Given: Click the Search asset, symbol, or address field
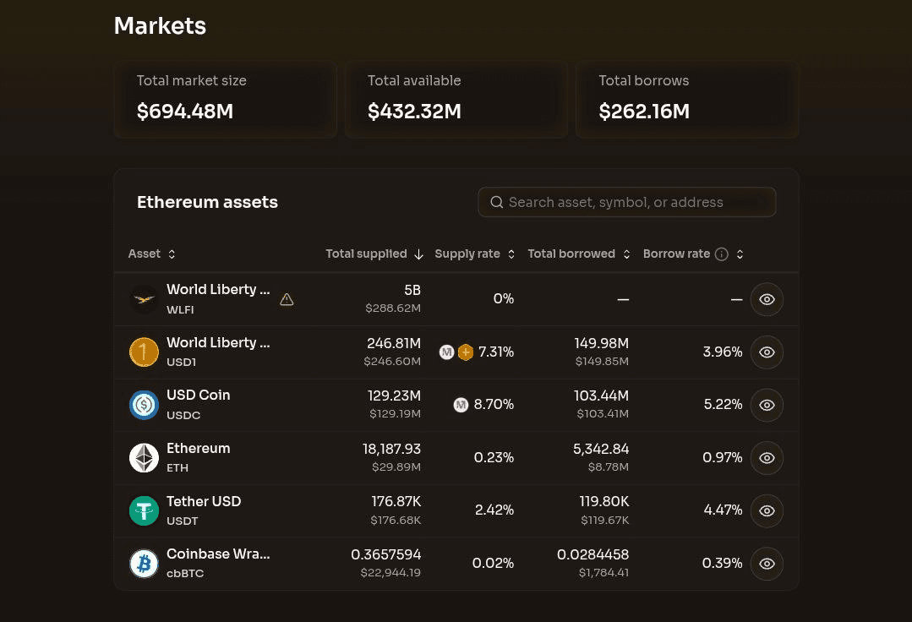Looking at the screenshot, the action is [626, 202].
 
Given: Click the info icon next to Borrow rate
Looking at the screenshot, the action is [721, 254].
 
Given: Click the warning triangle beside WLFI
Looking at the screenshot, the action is [287, 299].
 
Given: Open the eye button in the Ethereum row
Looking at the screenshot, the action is [767, 458].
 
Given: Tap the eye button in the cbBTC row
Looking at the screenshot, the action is [767, 564].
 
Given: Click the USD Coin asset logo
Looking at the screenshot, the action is [144, 405].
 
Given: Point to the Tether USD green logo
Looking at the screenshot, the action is [144, 510].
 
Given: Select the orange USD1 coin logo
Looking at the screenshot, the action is [144, 352].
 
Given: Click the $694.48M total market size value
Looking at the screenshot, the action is [185, 111].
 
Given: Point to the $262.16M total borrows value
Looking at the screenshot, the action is [644, 111].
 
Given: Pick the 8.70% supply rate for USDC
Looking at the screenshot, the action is [494, 405].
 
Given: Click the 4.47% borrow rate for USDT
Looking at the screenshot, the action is [723, 510].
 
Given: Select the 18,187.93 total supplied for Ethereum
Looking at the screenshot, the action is [391, 449].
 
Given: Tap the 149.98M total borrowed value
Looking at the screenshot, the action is [602, 344].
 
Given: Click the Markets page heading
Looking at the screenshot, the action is [160, 25].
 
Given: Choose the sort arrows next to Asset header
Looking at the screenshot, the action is [172, 254].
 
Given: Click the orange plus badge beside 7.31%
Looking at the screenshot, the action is [466, 352].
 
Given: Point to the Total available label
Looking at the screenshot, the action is [414, 81].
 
